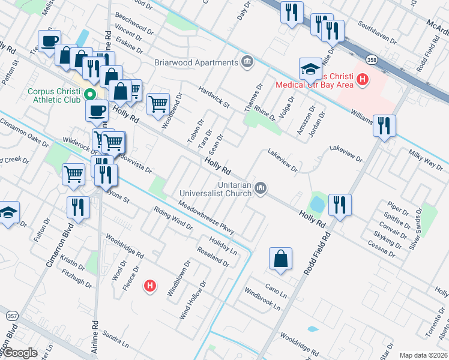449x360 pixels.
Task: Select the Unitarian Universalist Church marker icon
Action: pyautogui.click(x=261, y=188)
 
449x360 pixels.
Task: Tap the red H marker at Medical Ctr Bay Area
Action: pyautogui.click(x=362, y=79)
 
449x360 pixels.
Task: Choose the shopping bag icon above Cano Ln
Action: pyautogui.click(x=280, y=259)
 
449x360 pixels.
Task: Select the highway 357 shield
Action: pyautogui.click(x=11, y=314)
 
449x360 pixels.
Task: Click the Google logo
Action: pyautogui.click(x=20, y=353)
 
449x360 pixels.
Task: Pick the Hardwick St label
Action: pyautogui.click(x=214, y=95)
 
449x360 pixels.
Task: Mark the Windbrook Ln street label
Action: pyautogui.click(x=262, y=298)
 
